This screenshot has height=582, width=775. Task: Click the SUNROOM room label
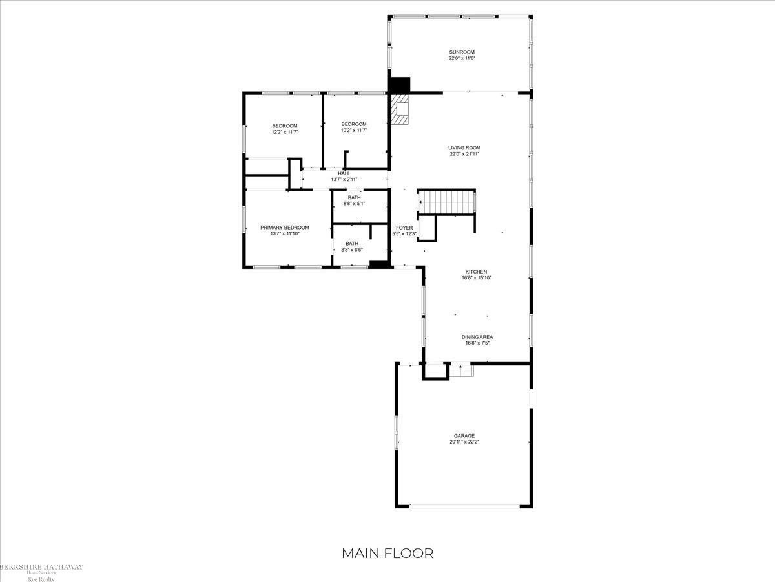(x=462, y=52)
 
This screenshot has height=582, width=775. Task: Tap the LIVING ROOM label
(x=464, y=147)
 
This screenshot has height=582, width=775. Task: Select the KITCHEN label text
(x=477, y=272)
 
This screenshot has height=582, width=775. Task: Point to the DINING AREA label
(x=477, y=336)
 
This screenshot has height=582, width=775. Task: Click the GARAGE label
(x=464, y=436)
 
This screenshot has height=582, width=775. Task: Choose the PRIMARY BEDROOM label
(x=284, y=227)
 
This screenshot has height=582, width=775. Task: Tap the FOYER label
(x=404, y=228)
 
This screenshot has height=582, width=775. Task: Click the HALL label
(x=344, y=173)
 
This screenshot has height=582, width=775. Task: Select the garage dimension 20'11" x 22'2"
(x=464, y=442)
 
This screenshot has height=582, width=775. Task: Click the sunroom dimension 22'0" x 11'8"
(x=462, y=58)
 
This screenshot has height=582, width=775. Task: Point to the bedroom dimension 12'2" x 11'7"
(x=284, y=132)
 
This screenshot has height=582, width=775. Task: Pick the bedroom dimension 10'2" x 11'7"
(x=354, y=131)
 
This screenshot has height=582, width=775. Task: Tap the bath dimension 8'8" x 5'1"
(x=354, y=204)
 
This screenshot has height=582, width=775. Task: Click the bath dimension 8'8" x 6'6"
(x=351, y=250)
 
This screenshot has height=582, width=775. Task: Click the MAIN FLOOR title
(x=387, y=553)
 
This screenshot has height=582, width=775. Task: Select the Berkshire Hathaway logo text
(x=41, y=568)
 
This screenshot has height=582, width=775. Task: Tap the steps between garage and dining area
(x=461, y=371)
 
